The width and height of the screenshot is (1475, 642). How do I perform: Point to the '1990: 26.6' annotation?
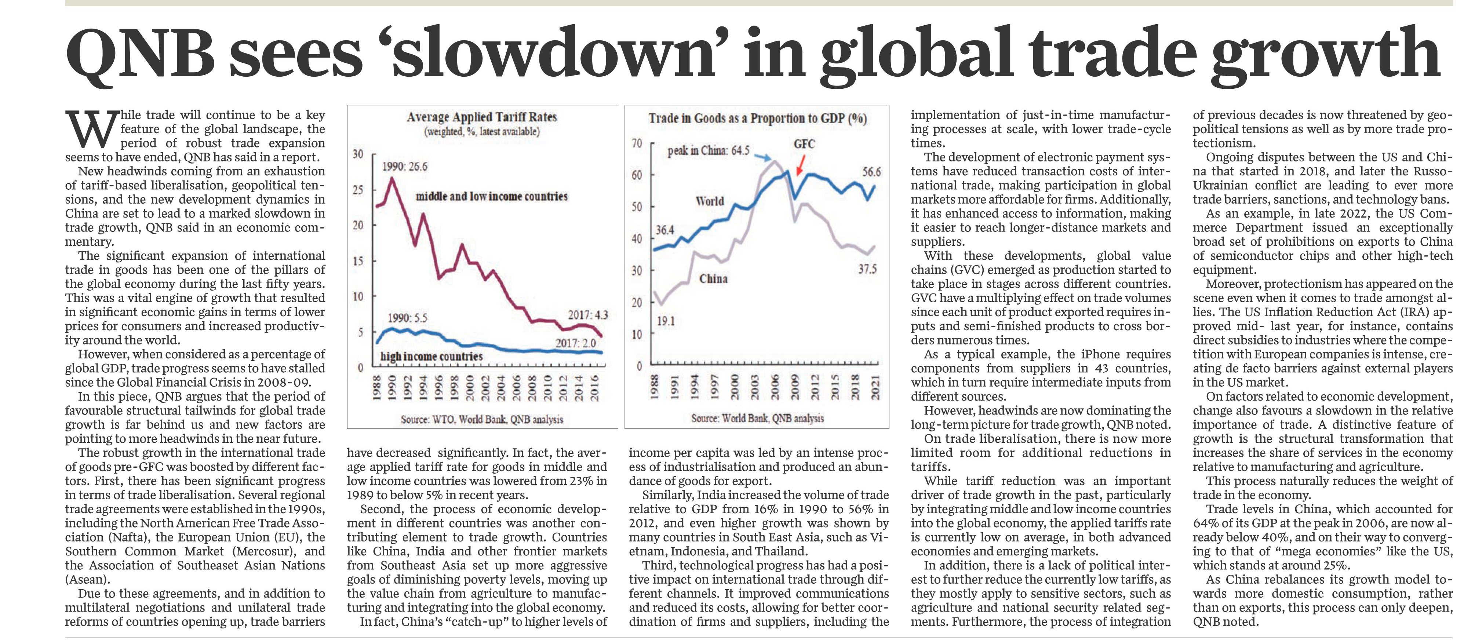tap(405, 166)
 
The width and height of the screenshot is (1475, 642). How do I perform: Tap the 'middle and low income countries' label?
tap(491, 196)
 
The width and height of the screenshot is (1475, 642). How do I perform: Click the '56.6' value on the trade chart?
tap(871, 172)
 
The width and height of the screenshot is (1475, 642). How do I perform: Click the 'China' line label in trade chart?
tap(713, 279)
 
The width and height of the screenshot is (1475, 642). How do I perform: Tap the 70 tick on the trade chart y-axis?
tap(637, 143)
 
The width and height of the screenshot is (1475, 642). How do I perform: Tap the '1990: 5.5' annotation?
tap(408, 318)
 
